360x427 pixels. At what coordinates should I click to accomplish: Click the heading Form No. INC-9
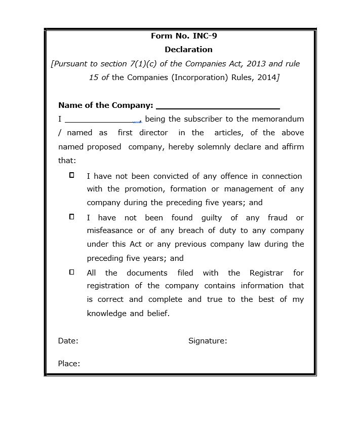coord(184,36)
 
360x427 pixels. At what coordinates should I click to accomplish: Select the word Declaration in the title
coord(188,50)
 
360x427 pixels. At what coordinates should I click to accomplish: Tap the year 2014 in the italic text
coord(266,77)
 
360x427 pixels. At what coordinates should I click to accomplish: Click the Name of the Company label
coord(105,105)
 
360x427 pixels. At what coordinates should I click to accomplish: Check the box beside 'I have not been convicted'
coord(72,175)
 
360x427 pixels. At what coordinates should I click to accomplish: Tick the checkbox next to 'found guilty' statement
coord(72,217)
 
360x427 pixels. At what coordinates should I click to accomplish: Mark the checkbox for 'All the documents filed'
coord(72,272)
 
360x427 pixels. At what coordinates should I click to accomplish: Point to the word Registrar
coord(266,273)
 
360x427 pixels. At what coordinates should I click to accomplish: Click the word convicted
coord(174,176)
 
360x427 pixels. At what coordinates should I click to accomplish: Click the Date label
coord(68,341)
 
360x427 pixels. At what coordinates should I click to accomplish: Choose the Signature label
coord(208,341)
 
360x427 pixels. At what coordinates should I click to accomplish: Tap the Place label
coord(69,364)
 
